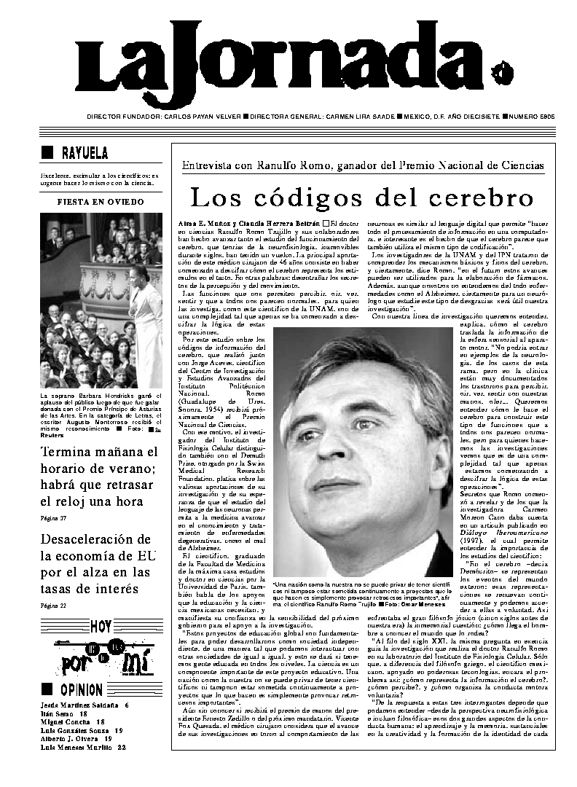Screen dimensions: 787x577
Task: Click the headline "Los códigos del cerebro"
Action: pyautogui.click(x=362, y=197)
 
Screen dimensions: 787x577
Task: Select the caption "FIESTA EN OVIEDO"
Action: pyautogui.click(x=101, y=202)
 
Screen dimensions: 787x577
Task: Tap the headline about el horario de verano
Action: pyautogui.click(x=99, y=477)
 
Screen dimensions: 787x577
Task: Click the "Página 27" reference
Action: pyautogui.click(x=53, y=518)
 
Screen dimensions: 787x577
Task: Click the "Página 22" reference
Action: pyautogui.click(x=53, y=606)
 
